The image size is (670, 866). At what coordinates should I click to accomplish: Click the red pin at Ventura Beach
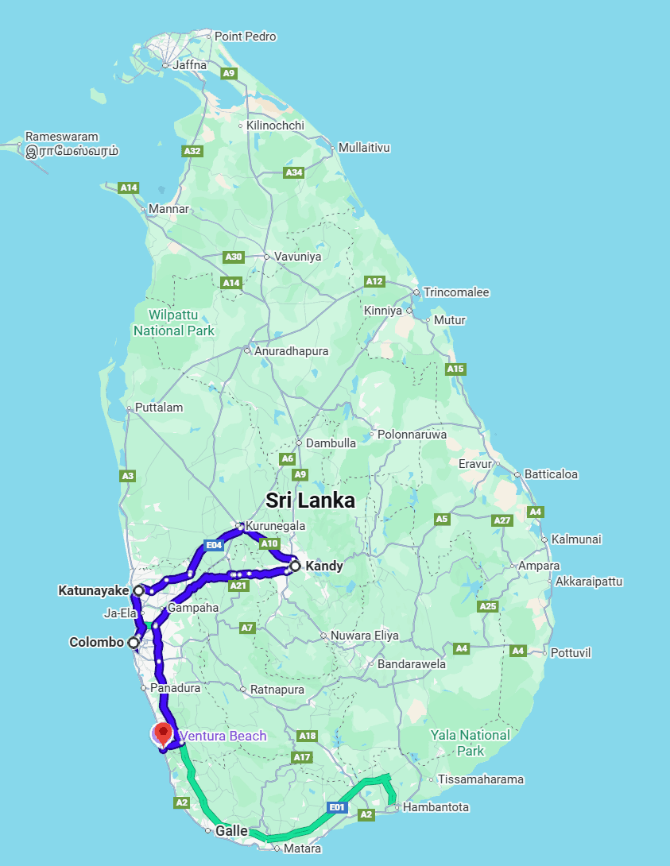click(x=164, y=732)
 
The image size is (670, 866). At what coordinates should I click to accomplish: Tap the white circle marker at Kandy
click(x=295, y=566)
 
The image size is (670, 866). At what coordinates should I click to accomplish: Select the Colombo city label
click(x=96, y=642)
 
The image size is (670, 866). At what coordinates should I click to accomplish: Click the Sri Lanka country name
click(x=310, y=500)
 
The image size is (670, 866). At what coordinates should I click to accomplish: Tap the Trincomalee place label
click(x=456, y=292)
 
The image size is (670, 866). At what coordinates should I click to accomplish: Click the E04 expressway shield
click(x=213, y=546)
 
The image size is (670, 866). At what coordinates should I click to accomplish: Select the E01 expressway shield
click(x=337, y=807)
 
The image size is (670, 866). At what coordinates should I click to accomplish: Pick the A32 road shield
click(x=192, y=150)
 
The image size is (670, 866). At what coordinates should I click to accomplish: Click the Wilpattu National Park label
click(x=174, y=323)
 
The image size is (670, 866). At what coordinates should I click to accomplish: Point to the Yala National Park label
click(x=470, y=742)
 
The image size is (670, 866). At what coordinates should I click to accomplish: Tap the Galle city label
click(x=232, y=830)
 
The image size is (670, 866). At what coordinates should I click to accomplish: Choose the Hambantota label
click(x=436, y=807)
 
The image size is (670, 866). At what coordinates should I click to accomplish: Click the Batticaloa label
click(x=551, y=474)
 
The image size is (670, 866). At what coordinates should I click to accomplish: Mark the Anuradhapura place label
click(x=291, y=350)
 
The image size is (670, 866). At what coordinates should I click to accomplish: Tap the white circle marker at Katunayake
click(x=139, y=590)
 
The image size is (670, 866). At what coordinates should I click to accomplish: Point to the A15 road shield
click(x=455, y=369)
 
